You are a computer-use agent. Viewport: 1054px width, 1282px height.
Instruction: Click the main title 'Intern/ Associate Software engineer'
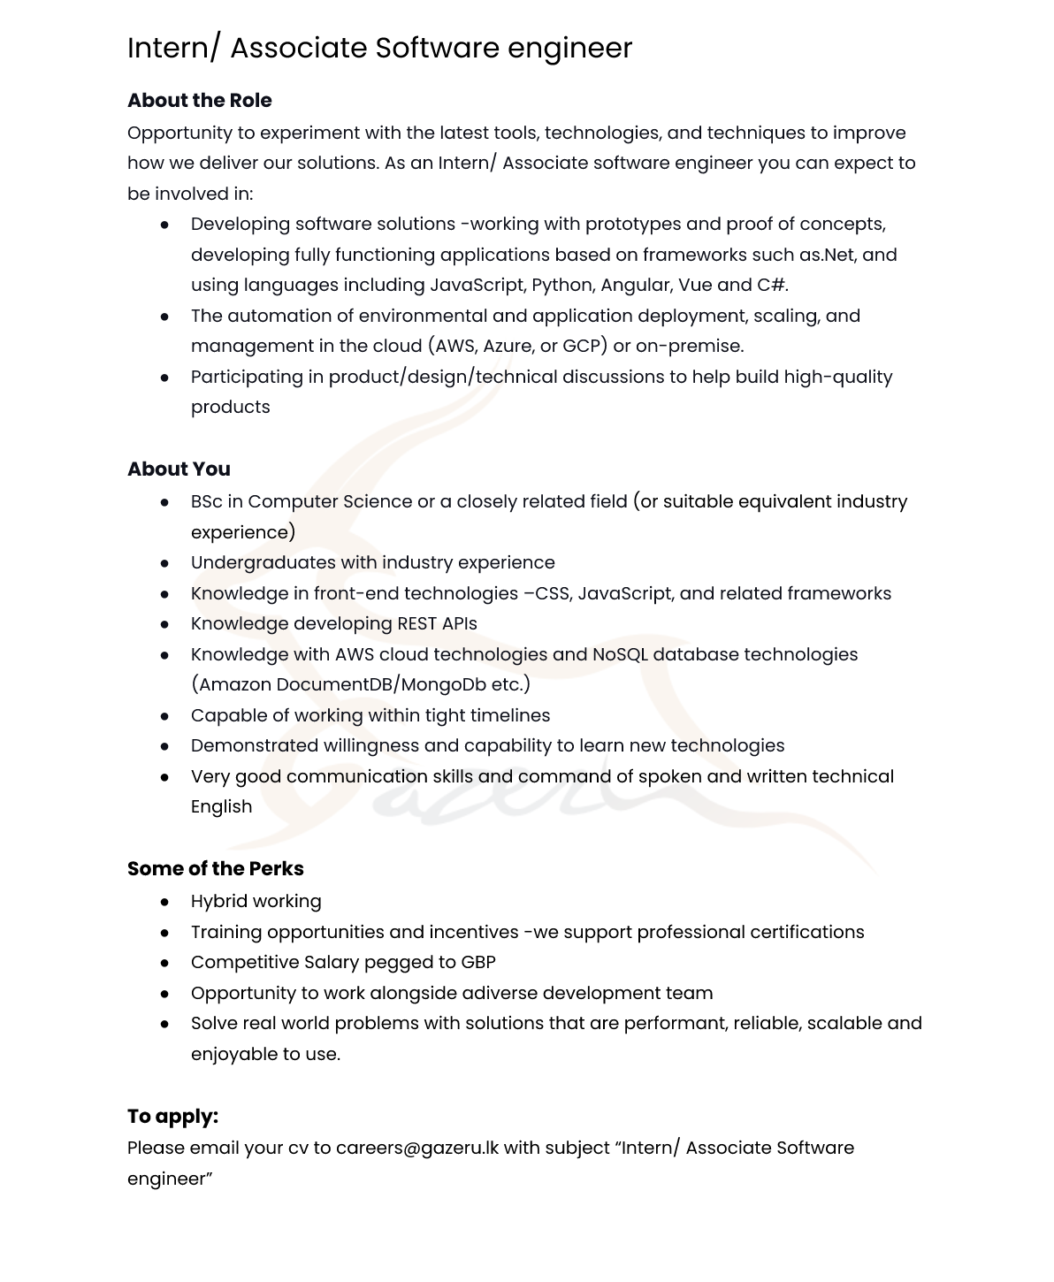(379, 48)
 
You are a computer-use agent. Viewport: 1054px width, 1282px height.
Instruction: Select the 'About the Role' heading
(199, 101)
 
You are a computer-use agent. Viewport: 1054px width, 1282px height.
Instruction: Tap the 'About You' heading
(179, 469)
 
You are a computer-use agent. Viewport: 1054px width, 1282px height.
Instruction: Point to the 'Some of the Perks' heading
(215, 869)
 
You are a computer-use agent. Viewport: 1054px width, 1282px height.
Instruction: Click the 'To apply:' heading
(172, 1117)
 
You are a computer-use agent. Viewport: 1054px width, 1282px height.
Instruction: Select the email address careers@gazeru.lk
(416, 1148)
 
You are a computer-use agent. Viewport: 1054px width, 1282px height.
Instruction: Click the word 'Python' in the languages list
(561, 286)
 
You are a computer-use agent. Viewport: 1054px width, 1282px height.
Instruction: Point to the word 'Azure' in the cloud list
(507, 347)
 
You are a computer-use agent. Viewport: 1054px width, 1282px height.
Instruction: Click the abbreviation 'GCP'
(581, 347)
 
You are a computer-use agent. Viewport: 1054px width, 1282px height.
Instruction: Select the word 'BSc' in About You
(206, 502)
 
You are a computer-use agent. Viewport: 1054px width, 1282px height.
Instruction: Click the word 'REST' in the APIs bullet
(416, 624)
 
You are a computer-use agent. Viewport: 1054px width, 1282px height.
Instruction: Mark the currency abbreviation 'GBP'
(477, 963)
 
